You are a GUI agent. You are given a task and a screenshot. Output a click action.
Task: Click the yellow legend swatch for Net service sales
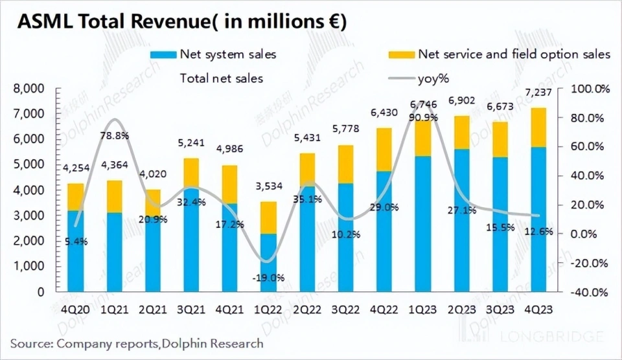pos(400,54)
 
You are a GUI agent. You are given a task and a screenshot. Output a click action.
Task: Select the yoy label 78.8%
pos(115,136)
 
